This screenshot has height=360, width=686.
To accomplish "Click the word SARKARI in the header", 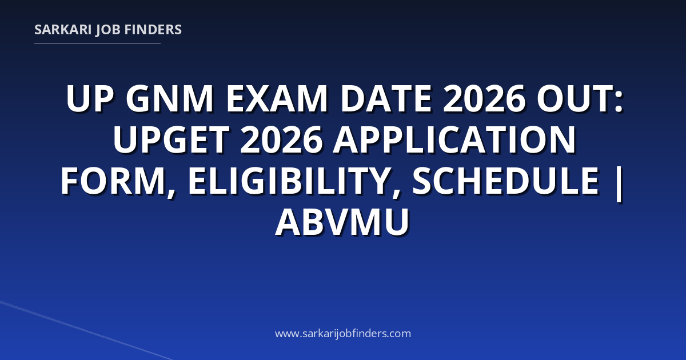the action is point(63,30).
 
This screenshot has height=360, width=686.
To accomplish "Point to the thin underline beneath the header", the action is point(97,43).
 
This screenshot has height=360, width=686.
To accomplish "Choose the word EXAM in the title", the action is point(277,99).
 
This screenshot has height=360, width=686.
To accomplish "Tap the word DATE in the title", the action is point(386,99).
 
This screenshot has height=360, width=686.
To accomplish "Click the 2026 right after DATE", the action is point(484,99).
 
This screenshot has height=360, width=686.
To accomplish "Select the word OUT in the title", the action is point(573,99).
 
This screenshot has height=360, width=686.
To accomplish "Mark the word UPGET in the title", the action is point(171,139).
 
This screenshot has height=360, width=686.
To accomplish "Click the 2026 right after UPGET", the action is point(281,139).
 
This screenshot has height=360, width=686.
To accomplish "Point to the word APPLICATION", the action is point(455,139).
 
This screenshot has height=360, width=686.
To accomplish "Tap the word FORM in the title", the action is point(117,181).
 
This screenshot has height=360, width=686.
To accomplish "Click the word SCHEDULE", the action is point(505,181).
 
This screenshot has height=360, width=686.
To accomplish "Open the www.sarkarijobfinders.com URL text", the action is point(343,333).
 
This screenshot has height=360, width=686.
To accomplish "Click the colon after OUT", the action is point(618,102).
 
